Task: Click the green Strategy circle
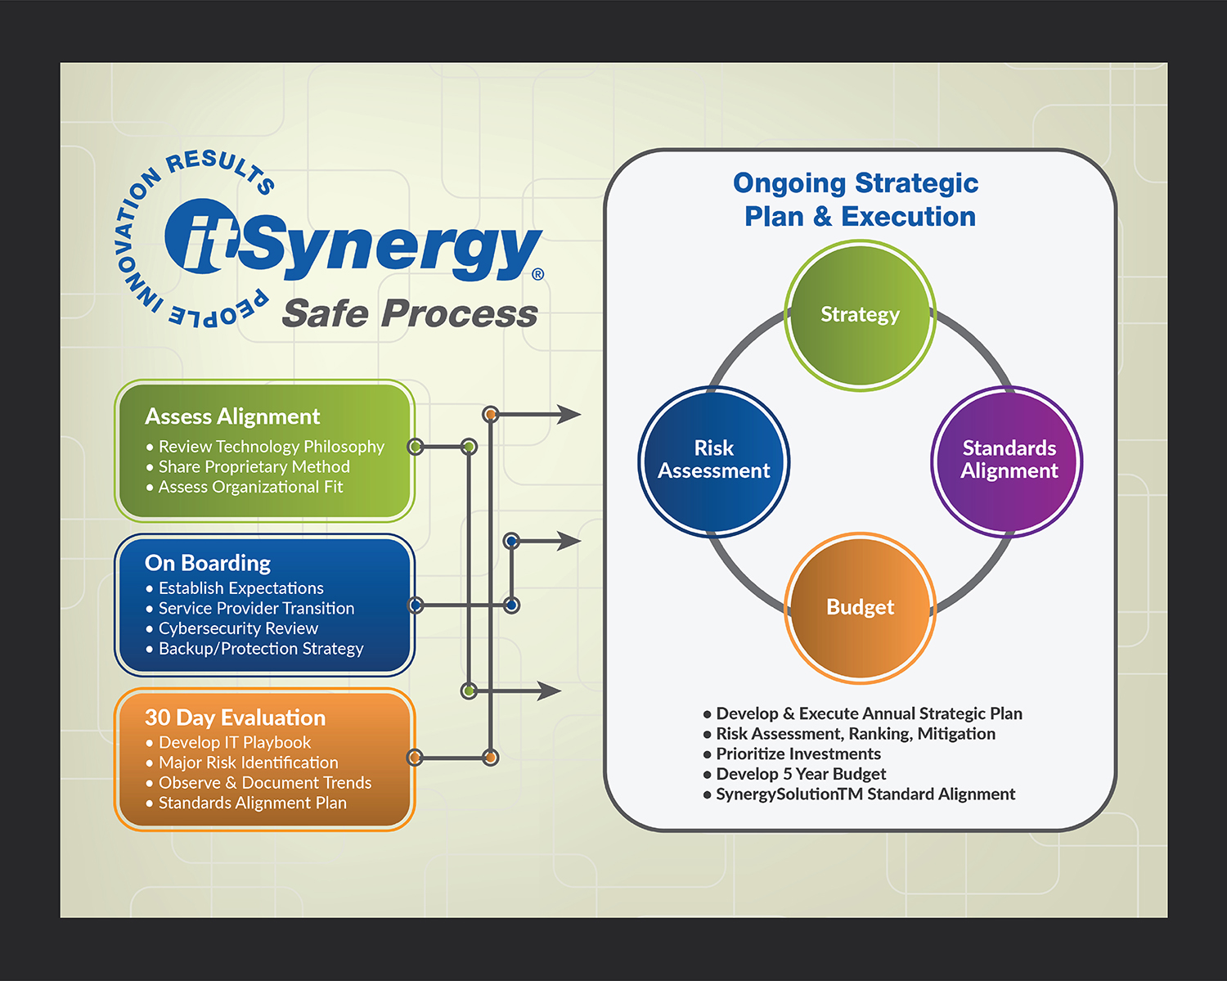coord(860,315)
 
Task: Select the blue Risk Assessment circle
coord(713,461)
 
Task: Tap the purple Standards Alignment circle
coord(1007,461)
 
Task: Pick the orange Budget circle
coord(860,607)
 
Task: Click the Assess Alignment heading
coord(232,416)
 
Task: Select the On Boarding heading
coord(208,563)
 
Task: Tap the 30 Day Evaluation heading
coord(236,718)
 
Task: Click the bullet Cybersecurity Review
coord(238,628)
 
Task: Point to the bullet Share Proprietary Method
coord(254,466)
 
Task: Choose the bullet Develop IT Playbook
coord(235,742)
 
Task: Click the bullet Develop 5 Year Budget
coord(801,774)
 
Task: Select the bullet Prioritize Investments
coord(798,754)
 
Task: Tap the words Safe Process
coord(409,313)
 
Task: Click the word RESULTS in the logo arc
coord(219,167)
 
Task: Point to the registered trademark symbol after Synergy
coord(537,274)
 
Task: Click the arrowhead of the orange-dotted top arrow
coord(570,415)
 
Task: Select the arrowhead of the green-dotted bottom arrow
coord(550,691)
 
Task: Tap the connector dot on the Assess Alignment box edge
coord(416,447)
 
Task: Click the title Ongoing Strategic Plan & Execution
coord(856,200)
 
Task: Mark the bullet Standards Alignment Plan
coord(252,803)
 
